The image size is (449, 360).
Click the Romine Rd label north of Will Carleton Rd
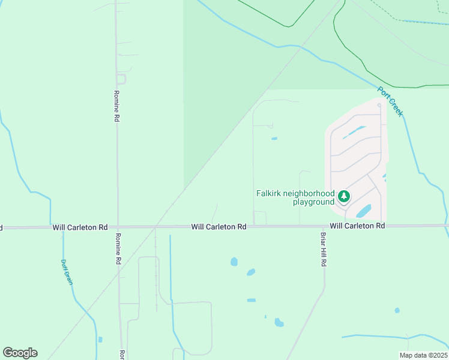coord(116,107)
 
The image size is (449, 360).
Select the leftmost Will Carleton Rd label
coord(80,227)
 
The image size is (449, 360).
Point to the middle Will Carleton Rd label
coord(219,227)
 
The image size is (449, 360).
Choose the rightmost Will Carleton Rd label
coord(357,226)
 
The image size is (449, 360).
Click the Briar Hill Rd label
coord(323,250)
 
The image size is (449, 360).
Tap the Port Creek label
coord(391,101)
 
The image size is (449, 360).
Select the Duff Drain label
coord(67,272)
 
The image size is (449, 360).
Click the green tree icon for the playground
coord(344,196)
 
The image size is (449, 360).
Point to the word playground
coord(313,202)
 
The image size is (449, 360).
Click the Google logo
coord(20,353)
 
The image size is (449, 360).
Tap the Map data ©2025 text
coord(423,355)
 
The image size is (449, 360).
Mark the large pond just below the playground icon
coord(363,211)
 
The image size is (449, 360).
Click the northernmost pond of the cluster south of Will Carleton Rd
coord(234,262)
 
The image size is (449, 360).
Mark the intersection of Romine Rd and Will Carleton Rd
coord(118,227)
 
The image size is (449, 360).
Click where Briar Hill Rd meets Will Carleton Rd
coord(323,226)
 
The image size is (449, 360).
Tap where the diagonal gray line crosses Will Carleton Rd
coord(155,227)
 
